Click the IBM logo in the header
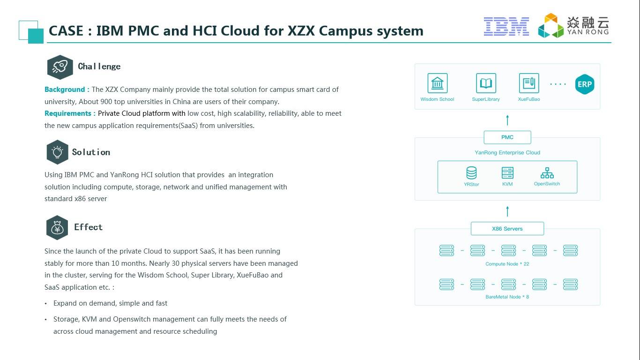pyautogui.click(x=506, y=26)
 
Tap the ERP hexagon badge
pyautogui.click(x=585, y=84)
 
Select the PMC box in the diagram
pyautogui.click(x=507, y=137)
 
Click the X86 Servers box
pyautogui.click(x=507, y=228)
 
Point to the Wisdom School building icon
pyautogui.click(x=438, y=83)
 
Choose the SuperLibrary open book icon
pyautogui.click(x=486, y=83)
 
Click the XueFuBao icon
pyautogui.click(x=529, y=83)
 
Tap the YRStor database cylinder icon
pyautogui.click(x=471, y=173)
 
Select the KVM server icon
pyautogui.click(x=507, y=173)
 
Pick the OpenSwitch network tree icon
pyautogui.click(x=547, y=173)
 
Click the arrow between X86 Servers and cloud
pyautogui.click(x=507, y=211)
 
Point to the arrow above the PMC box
pyautogui.click(x=507, y=120)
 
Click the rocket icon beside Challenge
pyautogui.click(x=60, y=67)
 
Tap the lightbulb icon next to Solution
pyautogui.click(x=58, y=152)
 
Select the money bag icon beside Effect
pyautogui.click(x=57, y=228)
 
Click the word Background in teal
pyautogui.click(x=65, y=90)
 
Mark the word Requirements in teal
pyautogui.click(x=68, y=113)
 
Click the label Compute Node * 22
pyautogui.click(x=507, y=264)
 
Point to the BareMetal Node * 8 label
pyautogui.click(x=507, y=297)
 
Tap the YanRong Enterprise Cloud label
pyautogui.click(x=507, y=152)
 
